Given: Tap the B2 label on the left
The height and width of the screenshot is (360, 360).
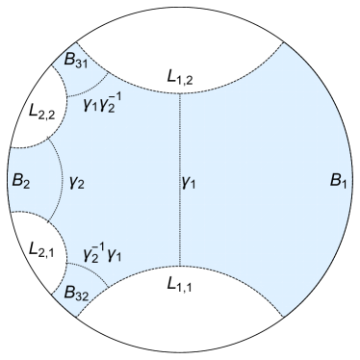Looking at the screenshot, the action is pos(18,179).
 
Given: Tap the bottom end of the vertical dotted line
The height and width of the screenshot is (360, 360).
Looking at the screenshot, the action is pos(179,267).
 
